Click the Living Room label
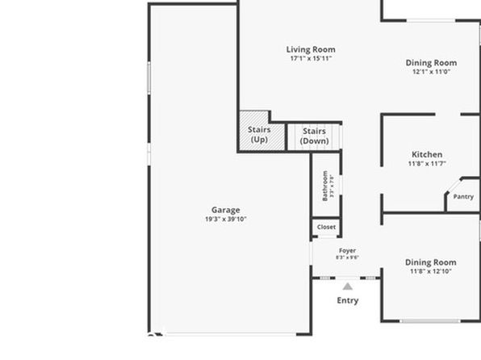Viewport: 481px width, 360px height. pyautogui.click(x=311, y=49)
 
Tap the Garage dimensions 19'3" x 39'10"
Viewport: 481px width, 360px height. pyautogui.click(x=226, y=219)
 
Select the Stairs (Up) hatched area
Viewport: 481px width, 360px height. pyautogui.click(x=261, y=132)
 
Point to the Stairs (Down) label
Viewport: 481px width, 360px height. pyautogui.click(x=315, y=136)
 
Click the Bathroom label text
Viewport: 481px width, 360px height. pyautogui.click(x=325, y=186)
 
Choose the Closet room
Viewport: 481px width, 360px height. pyautogui.click(x=326, y=227)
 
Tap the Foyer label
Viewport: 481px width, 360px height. pyautogui.click(x=347, y=251)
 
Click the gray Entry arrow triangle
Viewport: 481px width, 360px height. pyautogui.click(x=348, y=287)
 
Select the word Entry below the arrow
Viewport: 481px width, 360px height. pyautogui.click(x=348, y=300)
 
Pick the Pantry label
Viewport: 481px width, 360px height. pyautogui.click(x=463, y=196)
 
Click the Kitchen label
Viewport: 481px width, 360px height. pyautogui.click(x=427, y=154)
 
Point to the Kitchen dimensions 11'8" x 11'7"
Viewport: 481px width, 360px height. pyautogui.click(x=427, y=164)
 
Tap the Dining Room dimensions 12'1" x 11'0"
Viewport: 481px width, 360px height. pyautogui.click(x=431, y=72)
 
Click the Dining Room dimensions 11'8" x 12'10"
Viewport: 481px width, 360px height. pyautogui.click(x=431, y=271)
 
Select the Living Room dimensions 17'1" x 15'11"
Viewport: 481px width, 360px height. pyautogui.click(x=311, y=58)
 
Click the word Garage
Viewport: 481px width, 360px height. pyautogui.click(x=226, y=210)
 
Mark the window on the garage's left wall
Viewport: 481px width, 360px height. pyautogui.click(x=149, y=78)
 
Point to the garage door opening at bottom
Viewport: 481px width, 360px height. pyautogui.click(x=231, y=334)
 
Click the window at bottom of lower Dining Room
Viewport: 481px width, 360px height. pyautogui.click(x=430, y=321)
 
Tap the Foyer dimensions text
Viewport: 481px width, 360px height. pyautogui.click(x=347, y=257)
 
